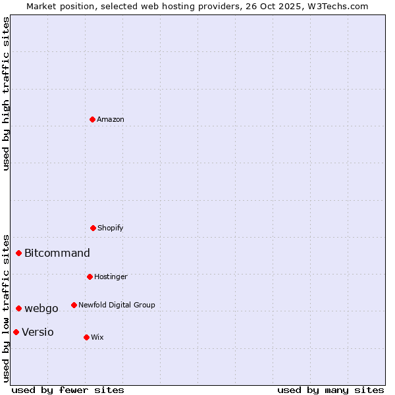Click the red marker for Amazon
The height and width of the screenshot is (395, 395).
tap(92, 119)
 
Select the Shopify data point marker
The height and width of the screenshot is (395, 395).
tap(93, 228)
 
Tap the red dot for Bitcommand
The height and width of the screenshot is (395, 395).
tap(18, 253)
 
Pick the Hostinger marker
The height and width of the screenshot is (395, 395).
tap(90, 276)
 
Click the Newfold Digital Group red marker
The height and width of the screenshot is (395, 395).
tap(74, 305)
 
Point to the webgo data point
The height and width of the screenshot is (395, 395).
tap(18, 308)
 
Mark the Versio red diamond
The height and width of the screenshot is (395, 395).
tap(16, 332)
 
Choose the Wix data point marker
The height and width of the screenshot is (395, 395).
tap(86, 337)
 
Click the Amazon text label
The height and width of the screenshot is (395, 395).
tap(111, 119)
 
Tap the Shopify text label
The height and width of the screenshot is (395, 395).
tap(111, 228)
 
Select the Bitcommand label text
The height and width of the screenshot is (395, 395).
tap(57, 253)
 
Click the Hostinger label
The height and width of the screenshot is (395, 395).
tap(111, 276)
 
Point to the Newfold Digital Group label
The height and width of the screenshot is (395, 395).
tap(117, 305)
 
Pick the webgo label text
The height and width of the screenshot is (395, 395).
tap(41, 308)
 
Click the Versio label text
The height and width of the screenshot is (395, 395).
tap(38, 332)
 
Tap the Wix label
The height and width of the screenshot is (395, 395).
tap(97, 337)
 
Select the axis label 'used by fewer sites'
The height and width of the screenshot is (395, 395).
tap(68, 390)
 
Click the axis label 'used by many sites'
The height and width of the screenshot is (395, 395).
tap(330, 390)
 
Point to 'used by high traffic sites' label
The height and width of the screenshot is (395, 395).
tap(6, 93)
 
